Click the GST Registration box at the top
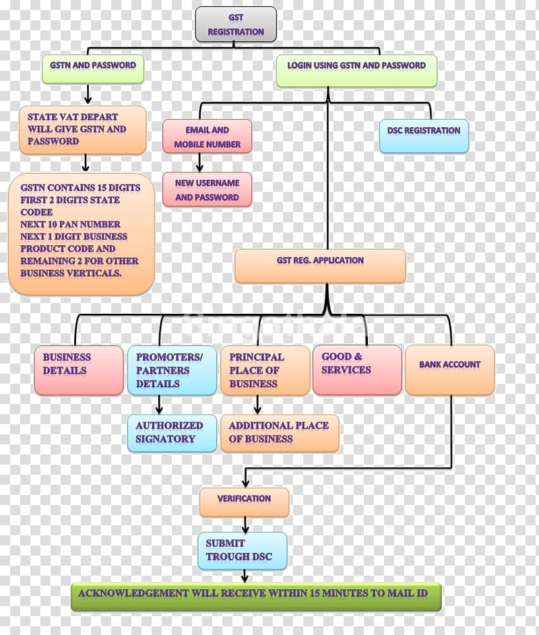pyautogui.click(x=236, y=24)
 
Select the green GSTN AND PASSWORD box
pyautogui.click(x=93, y=69)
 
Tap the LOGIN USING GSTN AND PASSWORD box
pyautogui.click(x=356, y=71)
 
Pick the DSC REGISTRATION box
pyautogui.click(x=424, y=136)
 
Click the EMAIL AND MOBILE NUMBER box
pyautogui.click(x=207, y=137)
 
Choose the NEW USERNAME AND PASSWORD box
pyautogui.click(x=207, y=189)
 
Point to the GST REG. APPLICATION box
pyautogui.click(x=320, y=266)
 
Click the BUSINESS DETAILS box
pyautogui.click(x=79, y=370)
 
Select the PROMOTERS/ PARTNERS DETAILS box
pyautogui.click(x=172, y=370)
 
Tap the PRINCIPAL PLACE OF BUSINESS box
pyautogui.click(x=265, y=370)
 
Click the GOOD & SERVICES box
pyautogui.click(x=358, y=370)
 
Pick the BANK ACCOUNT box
pyautogui.click(x=450, y=370)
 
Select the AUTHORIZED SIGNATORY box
pyautogui.click(x=172, y=433)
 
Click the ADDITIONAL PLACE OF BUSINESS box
pyautogui.click(x=280, y=433)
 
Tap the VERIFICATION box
pyautogui.click(x=244, y=502)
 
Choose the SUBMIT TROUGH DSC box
pyautogui.click(x=243, y=551)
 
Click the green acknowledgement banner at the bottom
pyautogui.click(x=256, y=597)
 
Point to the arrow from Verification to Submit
pyautogui.click(x=245, y=525)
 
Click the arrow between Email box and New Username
pyautogui.click(x=199, y=163)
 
